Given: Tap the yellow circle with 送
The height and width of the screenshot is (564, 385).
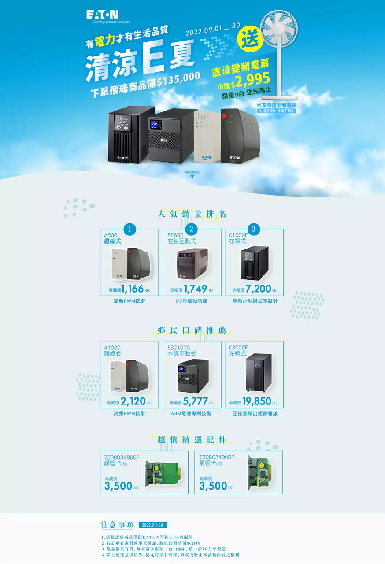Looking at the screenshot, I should point(249,38).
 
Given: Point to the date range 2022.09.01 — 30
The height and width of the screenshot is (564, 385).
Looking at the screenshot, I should point(213,30).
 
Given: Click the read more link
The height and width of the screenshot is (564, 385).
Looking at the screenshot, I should point(192,172).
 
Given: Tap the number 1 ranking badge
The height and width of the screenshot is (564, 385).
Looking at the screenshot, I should point(130,229).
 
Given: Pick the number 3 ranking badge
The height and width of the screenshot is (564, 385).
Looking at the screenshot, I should point(253,229).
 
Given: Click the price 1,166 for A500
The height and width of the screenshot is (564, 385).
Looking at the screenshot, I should point(132,289).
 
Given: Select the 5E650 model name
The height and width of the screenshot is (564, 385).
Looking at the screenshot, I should point(176,235).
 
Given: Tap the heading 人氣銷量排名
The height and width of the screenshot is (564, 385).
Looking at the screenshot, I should point(192,214).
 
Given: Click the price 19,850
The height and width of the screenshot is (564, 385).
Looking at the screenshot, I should point(256,401).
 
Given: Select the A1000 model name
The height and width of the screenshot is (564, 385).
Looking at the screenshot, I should point(112,348).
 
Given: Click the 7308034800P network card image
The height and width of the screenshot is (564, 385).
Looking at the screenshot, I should point(163,473).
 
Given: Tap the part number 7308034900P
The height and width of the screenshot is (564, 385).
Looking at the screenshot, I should point(217,457).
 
